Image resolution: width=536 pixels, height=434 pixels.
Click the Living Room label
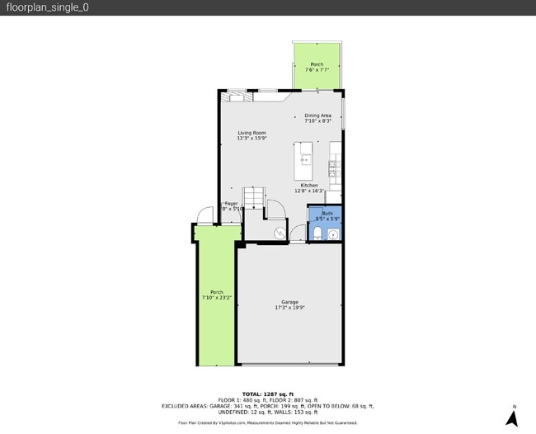[252, 133]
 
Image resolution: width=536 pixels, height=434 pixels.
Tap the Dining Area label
[317, 116]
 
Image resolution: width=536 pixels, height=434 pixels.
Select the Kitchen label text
[309, 185]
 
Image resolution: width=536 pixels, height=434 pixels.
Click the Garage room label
[289, 302]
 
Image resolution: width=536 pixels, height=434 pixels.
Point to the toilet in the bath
[318, 235]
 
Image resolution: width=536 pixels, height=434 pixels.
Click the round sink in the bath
[333, 235]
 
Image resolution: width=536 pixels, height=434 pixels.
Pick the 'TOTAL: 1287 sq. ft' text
[267, 394]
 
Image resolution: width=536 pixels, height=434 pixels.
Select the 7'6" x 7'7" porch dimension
[317, 70]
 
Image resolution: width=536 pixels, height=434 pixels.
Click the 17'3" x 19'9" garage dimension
[289, 308]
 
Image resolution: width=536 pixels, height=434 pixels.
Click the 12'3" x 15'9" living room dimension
[252, 139]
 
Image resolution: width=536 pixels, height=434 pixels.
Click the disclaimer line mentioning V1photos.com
[267, 422]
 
